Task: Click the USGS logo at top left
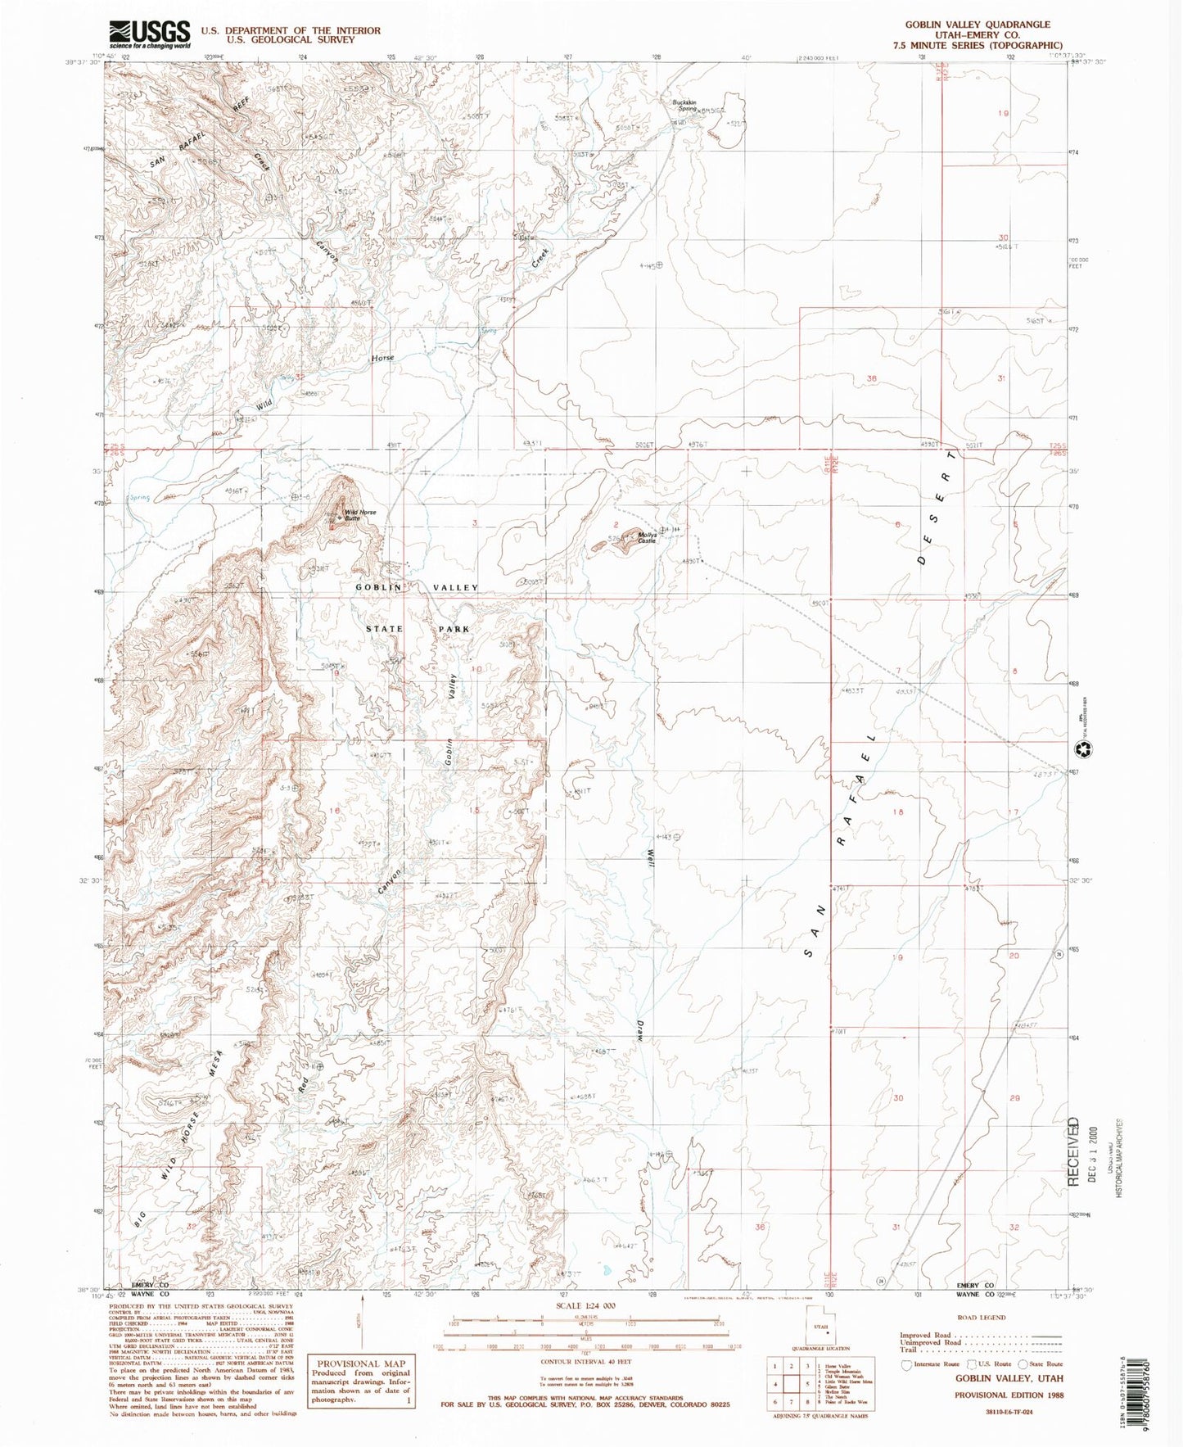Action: coord(150,34)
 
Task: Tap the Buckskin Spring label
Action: coord(685,106)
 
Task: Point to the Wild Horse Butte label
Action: coord(360,515)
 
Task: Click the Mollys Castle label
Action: coord(647,538)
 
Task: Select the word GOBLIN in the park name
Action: coord(378,587)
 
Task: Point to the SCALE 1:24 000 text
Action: coord(586,1328)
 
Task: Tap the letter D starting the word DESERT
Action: coord(922,560)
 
